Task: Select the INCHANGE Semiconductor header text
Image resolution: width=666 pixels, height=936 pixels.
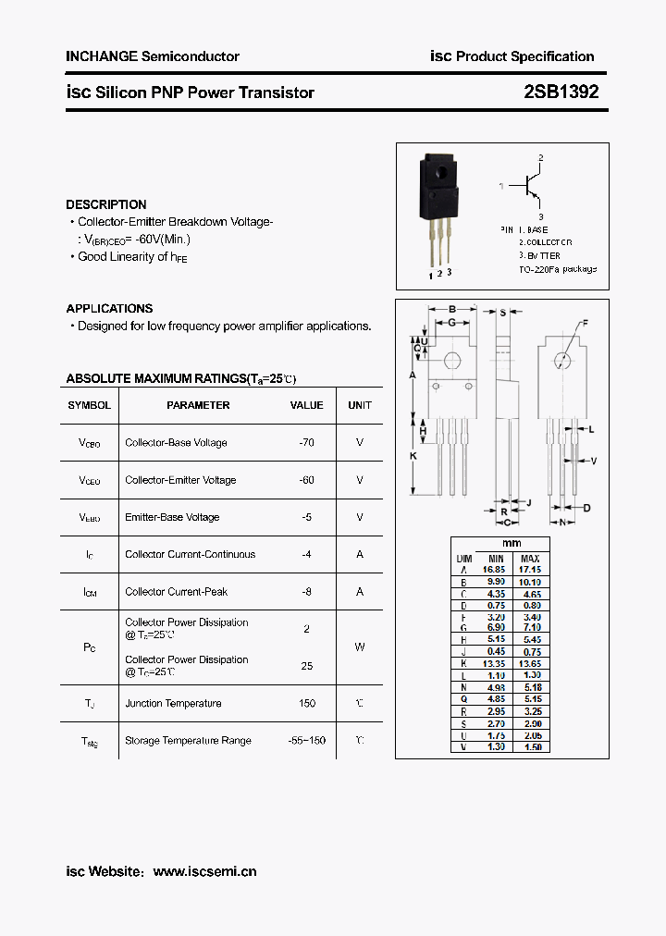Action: click(152, 56)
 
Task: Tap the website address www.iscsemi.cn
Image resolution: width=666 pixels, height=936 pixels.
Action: click(204, 871)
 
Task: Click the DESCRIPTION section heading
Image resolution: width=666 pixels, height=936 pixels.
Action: click(105, 204)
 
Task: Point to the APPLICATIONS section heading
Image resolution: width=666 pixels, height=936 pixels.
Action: click(109, 308)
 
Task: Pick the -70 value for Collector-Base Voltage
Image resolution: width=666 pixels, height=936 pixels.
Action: click(306, 442)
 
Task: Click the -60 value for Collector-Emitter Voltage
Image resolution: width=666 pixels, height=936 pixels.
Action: click(306, 480)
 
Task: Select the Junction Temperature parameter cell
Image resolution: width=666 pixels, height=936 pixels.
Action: click(173, 703)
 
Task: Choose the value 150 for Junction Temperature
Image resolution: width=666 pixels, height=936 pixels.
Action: click(306, 703)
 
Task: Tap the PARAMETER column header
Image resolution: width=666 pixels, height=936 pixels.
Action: click(198, 405)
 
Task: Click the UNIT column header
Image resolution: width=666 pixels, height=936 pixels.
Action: click(360, 405)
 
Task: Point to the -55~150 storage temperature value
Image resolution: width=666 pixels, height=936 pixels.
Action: click(306, 741)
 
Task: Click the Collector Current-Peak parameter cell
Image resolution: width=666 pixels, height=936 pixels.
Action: click(176, 591)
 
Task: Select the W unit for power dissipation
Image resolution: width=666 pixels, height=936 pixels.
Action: click(360, 647)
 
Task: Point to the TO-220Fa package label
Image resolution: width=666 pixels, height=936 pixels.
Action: click(557, 268)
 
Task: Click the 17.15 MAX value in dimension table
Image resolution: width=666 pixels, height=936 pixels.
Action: click(530, 570)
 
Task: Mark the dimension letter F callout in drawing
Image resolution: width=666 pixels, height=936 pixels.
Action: click(584, 323)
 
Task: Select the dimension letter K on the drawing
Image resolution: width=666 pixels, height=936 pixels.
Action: click(413, 456)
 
